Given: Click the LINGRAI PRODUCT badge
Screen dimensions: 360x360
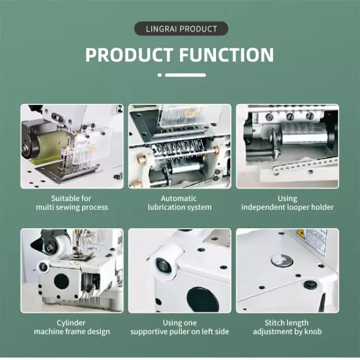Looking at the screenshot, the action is click(181, 29).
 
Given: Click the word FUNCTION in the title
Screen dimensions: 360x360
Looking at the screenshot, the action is click(226, 55).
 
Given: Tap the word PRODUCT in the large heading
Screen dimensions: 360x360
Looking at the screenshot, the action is click(129, 55).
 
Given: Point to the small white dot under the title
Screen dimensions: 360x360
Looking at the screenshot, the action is click(159, 75).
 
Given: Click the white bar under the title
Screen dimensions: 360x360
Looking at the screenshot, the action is click(185, 75).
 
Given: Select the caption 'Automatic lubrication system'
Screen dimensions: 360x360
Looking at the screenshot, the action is click(179, 203).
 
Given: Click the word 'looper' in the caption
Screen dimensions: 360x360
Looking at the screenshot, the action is click(298, 207).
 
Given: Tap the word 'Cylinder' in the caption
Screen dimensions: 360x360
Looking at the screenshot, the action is click(71, 323).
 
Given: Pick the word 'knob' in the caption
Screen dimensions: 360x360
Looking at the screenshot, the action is click(313, 332).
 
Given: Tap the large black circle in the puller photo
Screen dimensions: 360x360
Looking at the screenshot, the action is click(203, 300).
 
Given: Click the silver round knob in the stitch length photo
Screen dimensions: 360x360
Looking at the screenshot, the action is click(282, 261).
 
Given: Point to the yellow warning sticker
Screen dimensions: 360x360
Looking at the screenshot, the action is click(300, 234).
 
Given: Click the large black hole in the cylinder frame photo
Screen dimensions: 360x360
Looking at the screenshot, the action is click(61, 281).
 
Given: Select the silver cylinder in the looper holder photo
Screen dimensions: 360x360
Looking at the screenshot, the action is click(304, 134).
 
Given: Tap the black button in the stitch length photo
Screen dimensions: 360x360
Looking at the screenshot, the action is click(311, 285).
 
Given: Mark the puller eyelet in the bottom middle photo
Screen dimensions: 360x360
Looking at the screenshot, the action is click(164, 265).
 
